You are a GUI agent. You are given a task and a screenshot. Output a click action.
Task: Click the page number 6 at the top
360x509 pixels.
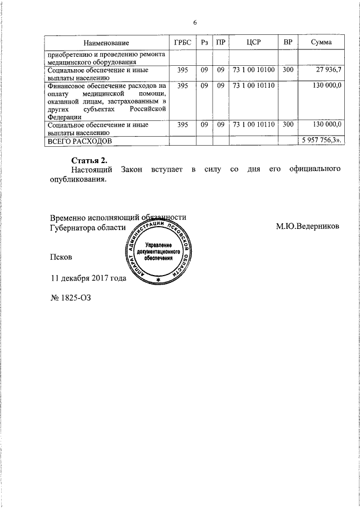(195, 22)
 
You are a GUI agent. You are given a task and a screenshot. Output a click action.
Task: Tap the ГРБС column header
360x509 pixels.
(183, 43)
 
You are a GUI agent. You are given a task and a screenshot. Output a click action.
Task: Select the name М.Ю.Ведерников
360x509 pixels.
(308, 227)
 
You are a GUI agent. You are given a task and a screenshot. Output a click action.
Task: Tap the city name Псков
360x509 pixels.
(61, 256)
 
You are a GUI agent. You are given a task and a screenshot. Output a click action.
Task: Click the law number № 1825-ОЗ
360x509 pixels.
(70, 298)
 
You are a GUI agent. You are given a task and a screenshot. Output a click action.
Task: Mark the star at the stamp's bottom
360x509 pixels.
(158, 280)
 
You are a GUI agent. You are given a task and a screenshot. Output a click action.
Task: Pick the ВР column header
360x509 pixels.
(288, 43)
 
